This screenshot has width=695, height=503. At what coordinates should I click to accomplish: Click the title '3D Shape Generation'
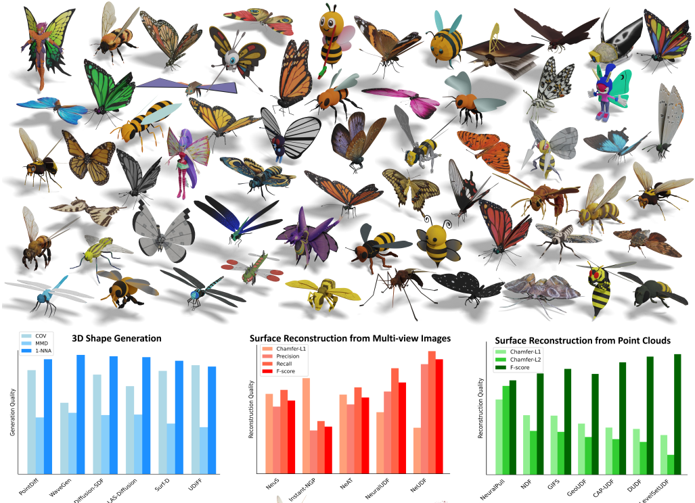(x=117, y=338)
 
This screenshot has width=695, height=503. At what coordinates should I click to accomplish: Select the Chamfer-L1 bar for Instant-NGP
(x=306, y=425)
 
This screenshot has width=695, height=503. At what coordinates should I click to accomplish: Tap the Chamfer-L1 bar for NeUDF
(x=417, y=450)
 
